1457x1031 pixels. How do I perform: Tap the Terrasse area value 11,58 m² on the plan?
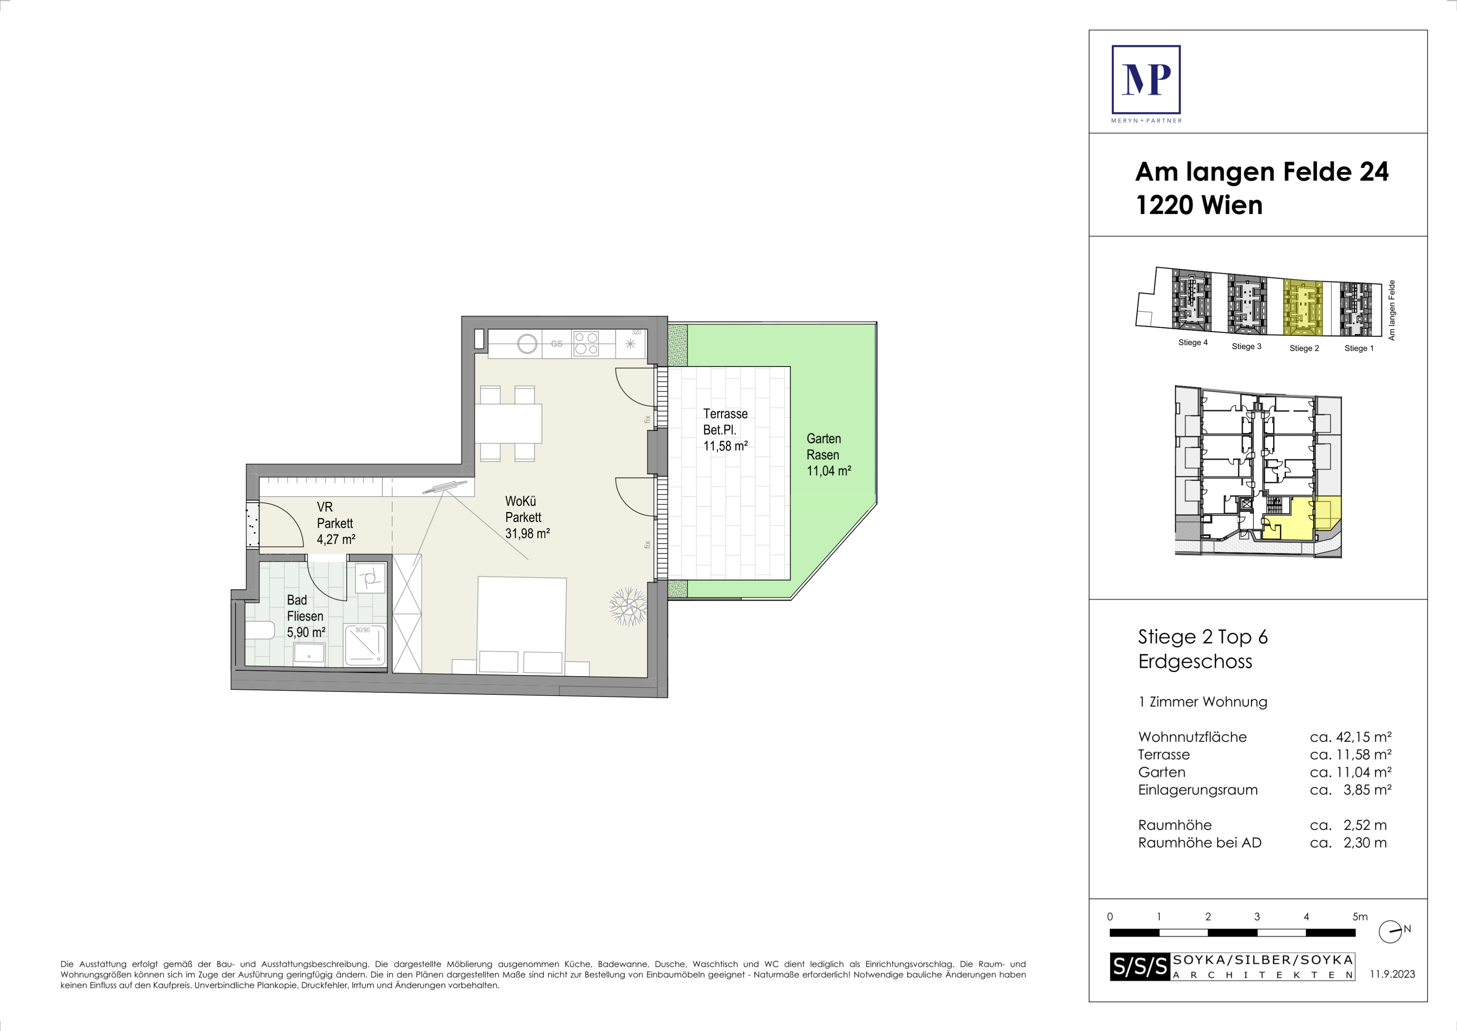[725, 446]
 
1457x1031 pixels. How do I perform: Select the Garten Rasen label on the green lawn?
[824, 447]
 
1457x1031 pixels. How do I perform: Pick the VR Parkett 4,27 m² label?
[336, 523]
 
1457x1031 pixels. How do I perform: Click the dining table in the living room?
[508, 424]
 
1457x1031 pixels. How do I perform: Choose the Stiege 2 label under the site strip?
[1304, 348]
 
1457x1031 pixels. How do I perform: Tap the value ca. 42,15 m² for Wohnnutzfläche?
[1350, 737]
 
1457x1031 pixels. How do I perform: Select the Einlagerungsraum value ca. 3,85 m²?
[1350, 790]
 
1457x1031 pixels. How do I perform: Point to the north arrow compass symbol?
[1390, 932]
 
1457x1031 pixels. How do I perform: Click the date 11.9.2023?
[1392, 974]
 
